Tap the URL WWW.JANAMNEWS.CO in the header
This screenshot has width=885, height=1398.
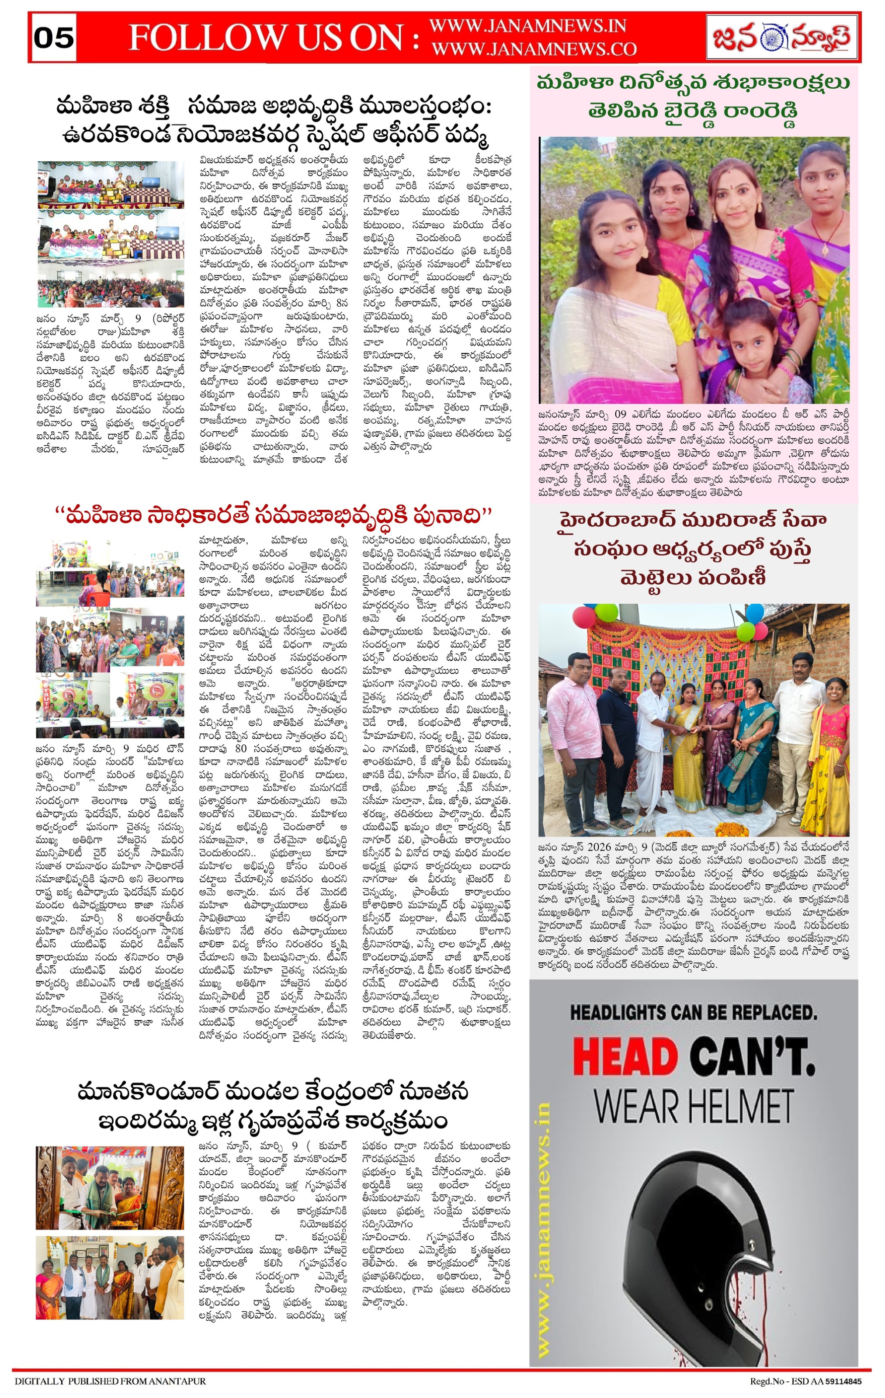pos(534,49)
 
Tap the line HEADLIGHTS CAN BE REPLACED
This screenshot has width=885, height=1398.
pos(694,1013)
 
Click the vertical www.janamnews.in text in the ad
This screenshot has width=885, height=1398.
pos(544,1225)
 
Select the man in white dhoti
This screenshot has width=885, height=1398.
pos(656,743)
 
